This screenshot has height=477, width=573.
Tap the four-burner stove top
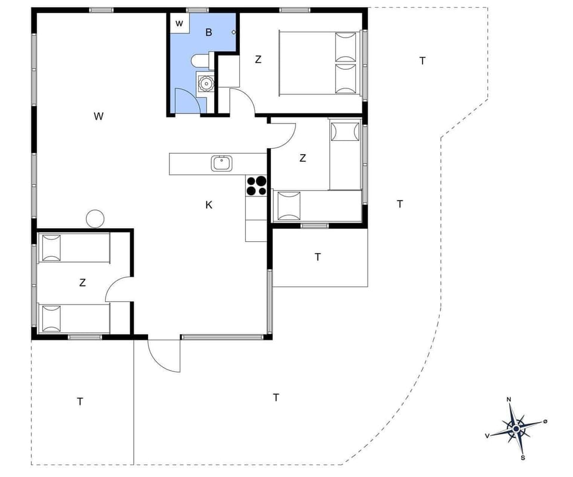pyautogui.click(x=257, y=186)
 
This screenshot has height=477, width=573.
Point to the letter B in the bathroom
pyautogui.click(x=208, y=32)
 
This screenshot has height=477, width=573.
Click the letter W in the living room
pyautogui.click(x=98, y=116)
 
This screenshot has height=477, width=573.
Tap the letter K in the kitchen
pyautogui.click(x=209, y=205)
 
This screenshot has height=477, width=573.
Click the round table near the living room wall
pyautogui.click(x=95, y=219)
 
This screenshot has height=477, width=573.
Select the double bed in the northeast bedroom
pyautogui.click(x=319, y=62)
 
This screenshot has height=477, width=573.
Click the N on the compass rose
pyautogui.click(x=509, y=400)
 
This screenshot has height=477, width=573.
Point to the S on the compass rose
pyautogui.click(x=523, y=458)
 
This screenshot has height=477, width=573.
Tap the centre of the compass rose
pyautogui.click(x=516, y=428)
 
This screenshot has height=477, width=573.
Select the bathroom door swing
pyautogui.click(x=186, y=100)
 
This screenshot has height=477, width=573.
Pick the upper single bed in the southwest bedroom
pyautogui.click(x=74, y=248)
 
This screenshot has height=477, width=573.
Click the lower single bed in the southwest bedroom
pyautogui.click(x=74, y=319)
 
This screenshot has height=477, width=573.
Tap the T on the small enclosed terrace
pyautogui.click(x=318, y=257)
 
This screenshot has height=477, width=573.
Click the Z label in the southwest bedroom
pyautogui.click(x=82, y=283)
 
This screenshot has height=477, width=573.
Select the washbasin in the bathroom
pyautogui.click(x=205, y=83)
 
